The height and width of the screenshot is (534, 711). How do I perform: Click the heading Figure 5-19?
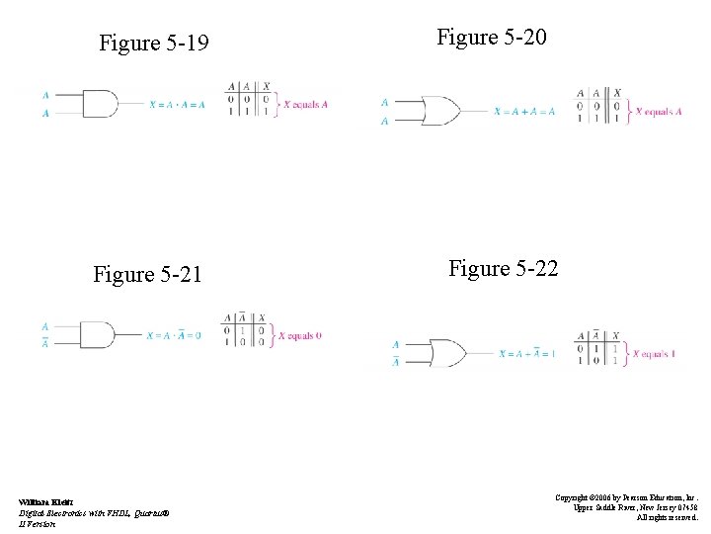click(x=154, y=44)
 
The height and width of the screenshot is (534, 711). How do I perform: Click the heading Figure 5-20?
click(x=492, y=38)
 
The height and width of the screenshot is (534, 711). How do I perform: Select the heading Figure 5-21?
click(x=147, y=274)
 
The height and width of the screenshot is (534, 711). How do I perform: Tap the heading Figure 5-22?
click(x=503, y=268)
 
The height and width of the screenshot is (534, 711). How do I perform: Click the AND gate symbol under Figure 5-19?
click(x=99, y=104)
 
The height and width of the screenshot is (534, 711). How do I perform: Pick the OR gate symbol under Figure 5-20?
click(x=440, y=111)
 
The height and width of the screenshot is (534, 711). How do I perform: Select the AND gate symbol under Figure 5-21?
click(x=97, y=335)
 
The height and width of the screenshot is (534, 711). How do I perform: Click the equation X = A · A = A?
click(x=177, y=104)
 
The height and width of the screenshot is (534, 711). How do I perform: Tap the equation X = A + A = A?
click(x=523, y=111)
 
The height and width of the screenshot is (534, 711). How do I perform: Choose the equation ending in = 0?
click(x=173, y=335)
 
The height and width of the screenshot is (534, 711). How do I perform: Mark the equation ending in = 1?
click(x=526, y=353)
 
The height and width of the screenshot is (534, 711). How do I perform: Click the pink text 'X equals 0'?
click(x=300, y=336)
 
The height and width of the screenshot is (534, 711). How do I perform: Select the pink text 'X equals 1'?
click(x=654, y=353)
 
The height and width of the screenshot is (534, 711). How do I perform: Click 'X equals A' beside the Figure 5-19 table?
click(x=305, y=104)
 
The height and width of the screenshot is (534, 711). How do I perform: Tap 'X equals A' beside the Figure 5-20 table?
click(x=658, y=112)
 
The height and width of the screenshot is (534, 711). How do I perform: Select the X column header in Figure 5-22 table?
click(x=615, y=335)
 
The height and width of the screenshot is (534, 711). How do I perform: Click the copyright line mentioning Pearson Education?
click(x=626, y=498)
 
